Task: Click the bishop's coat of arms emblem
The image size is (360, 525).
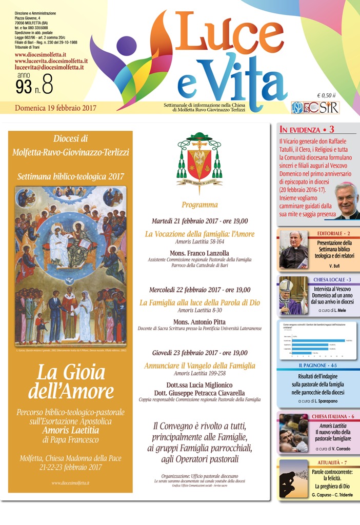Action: (199, 159)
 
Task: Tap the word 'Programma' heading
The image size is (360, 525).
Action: (199, 205)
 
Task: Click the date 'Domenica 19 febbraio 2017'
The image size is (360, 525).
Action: (55, 108)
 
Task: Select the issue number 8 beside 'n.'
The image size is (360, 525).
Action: (47, 86)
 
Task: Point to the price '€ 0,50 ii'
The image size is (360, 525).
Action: (326, 95)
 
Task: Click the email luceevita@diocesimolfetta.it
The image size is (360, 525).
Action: (49, 67)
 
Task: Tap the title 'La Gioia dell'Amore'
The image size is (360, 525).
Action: (71, 382)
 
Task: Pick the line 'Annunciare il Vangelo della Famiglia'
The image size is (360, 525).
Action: (199, 366)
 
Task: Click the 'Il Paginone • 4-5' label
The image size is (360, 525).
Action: (318, 366)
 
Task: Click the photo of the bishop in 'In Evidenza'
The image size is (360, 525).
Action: (346, 200)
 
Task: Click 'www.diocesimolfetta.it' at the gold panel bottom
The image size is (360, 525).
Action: (71, 483)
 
